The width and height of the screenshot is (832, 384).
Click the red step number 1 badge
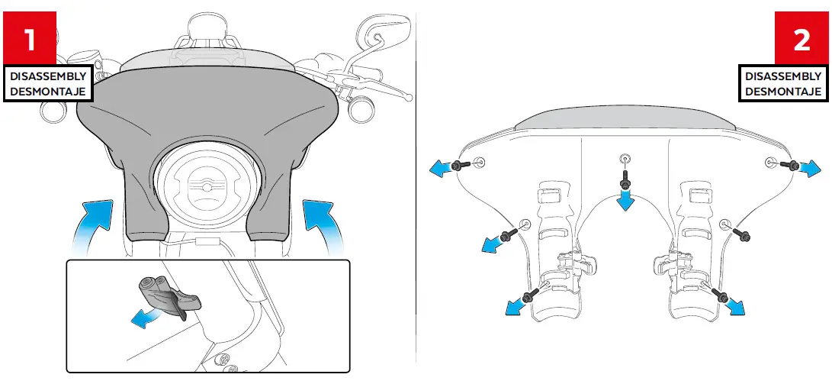point(31,38)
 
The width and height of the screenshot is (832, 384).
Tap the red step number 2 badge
point(801,38)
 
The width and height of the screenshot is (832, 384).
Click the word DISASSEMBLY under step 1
point(47,76)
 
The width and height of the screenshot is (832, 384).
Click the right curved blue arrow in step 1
point(323,221)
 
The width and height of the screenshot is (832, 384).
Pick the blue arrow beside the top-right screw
point(809,167)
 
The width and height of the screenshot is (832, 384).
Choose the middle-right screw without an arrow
point(744,234)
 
